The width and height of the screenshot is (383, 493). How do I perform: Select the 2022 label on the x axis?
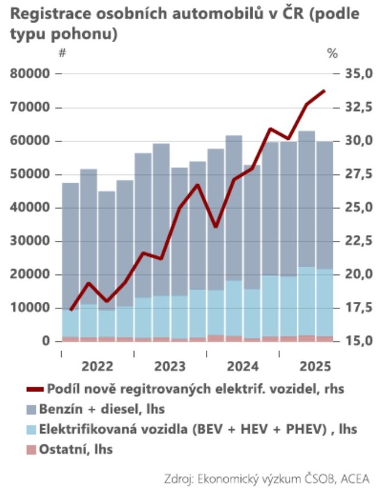(98, 366)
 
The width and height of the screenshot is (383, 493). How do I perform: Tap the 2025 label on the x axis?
(315, 366)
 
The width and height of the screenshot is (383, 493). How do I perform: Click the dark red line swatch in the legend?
(35, 390)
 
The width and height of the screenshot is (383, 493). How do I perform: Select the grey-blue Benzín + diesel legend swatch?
(31, 410)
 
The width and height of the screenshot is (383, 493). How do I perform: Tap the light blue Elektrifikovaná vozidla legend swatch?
(31, 430)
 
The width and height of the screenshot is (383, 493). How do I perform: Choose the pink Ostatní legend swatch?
(31, 449)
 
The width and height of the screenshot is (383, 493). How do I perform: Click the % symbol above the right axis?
(333, 53)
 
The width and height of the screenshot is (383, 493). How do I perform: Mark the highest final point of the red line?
(324, 91)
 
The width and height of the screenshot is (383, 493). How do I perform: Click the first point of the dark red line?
(71, 310)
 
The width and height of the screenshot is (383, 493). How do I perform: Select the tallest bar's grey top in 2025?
(306, 199)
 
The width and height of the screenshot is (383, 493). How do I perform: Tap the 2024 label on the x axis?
(242, 366)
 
